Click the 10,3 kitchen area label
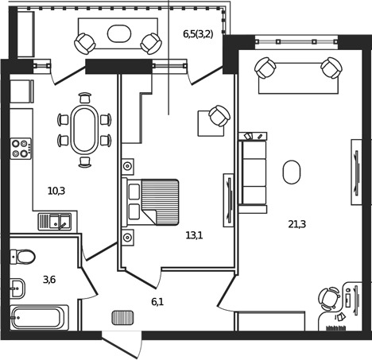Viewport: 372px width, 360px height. (56, 191)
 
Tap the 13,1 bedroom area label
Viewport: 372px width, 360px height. (194, 235)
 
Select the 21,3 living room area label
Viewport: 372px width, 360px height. (297, 224)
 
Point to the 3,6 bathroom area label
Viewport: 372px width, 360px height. (49, 280)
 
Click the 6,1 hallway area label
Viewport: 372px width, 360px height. (157, 301)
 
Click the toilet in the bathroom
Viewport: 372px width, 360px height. (23, 257)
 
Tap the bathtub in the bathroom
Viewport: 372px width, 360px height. (40, 317)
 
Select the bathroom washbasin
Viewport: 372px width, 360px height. (17, 288)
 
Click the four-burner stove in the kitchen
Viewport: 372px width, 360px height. (21, 149)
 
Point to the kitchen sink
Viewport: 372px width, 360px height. (55, 222)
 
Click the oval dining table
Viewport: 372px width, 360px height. (85, 130)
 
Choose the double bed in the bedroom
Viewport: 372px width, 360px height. (150, 202)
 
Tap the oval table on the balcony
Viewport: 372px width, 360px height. (119, 33)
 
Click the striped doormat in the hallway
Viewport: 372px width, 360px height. (122, 318)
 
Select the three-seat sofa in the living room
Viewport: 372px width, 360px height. (253, 172)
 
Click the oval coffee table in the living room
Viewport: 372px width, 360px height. (292, 172)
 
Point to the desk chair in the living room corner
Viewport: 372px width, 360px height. (329, 299)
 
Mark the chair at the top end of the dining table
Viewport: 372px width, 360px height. (85, 98)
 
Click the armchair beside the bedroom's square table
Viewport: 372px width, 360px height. (219, 116)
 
